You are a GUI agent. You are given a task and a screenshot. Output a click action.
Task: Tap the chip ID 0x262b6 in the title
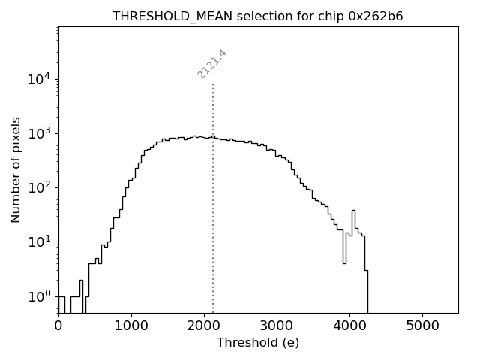coord(376,16)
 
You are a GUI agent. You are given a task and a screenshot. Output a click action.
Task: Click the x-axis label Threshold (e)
coord(258,343)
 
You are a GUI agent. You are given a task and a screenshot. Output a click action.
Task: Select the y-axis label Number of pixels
coord(16,169)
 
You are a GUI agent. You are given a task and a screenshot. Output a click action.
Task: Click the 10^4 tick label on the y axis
coord(40,79)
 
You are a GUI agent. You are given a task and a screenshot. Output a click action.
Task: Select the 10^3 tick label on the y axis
coord(40,133)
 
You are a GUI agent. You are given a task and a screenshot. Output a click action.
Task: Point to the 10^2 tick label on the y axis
coord(40,187)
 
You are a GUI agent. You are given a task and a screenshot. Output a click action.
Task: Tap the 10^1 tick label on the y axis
coord(40,241)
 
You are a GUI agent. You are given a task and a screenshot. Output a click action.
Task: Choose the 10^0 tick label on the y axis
coord(40,296)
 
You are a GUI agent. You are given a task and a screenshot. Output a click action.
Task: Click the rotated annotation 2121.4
coord(212,64)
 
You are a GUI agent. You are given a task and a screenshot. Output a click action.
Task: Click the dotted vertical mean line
coord(213,225)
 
